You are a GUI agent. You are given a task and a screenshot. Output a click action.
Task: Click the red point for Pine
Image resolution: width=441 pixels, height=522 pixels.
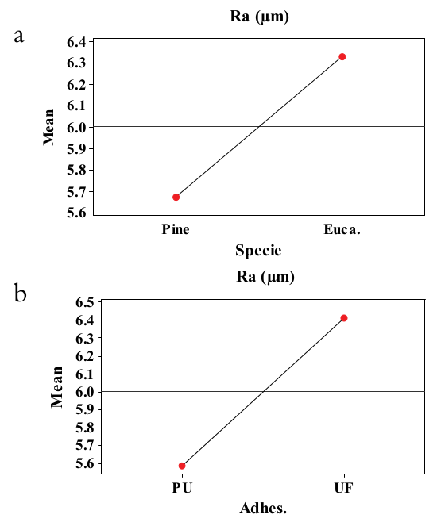click(x=176, y=197)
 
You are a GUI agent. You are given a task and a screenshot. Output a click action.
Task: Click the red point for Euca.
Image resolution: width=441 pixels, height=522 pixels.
click(x=342, y=56)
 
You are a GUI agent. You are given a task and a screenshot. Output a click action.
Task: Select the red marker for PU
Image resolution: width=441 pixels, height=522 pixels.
click(x=182, y=466)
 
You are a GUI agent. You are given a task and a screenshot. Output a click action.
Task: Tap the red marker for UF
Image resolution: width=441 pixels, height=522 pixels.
click(x=344, y=318)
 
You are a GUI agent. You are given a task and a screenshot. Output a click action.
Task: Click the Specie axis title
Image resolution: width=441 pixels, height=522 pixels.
click(x=258, y=251)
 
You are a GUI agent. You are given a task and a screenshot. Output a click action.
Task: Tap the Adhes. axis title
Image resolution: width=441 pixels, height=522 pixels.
click(x=263, y=508)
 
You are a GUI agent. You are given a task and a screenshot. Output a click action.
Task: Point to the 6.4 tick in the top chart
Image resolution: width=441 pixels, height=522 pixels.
click(x=75, y=41)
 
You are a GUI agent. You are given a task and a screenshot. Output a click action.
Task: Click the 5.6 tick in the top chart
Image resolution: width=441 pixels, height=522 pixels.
click(x=75, y=213)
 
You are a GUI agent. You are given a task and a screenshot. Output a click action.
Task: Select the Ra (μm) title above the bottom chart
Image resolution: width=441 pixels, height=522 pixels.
click(x=265, y=277)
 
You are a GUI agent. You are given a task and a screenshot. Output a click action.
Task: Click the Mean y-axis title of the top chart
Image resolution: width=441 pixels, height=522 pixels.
click(x=49, y=127)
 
